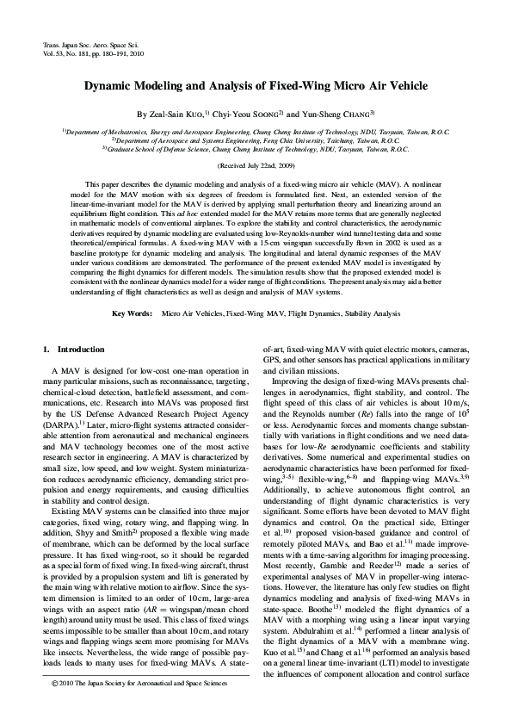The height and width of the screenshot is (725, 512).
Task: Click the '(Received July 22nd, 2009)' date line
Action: click(x=256, y=164)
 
